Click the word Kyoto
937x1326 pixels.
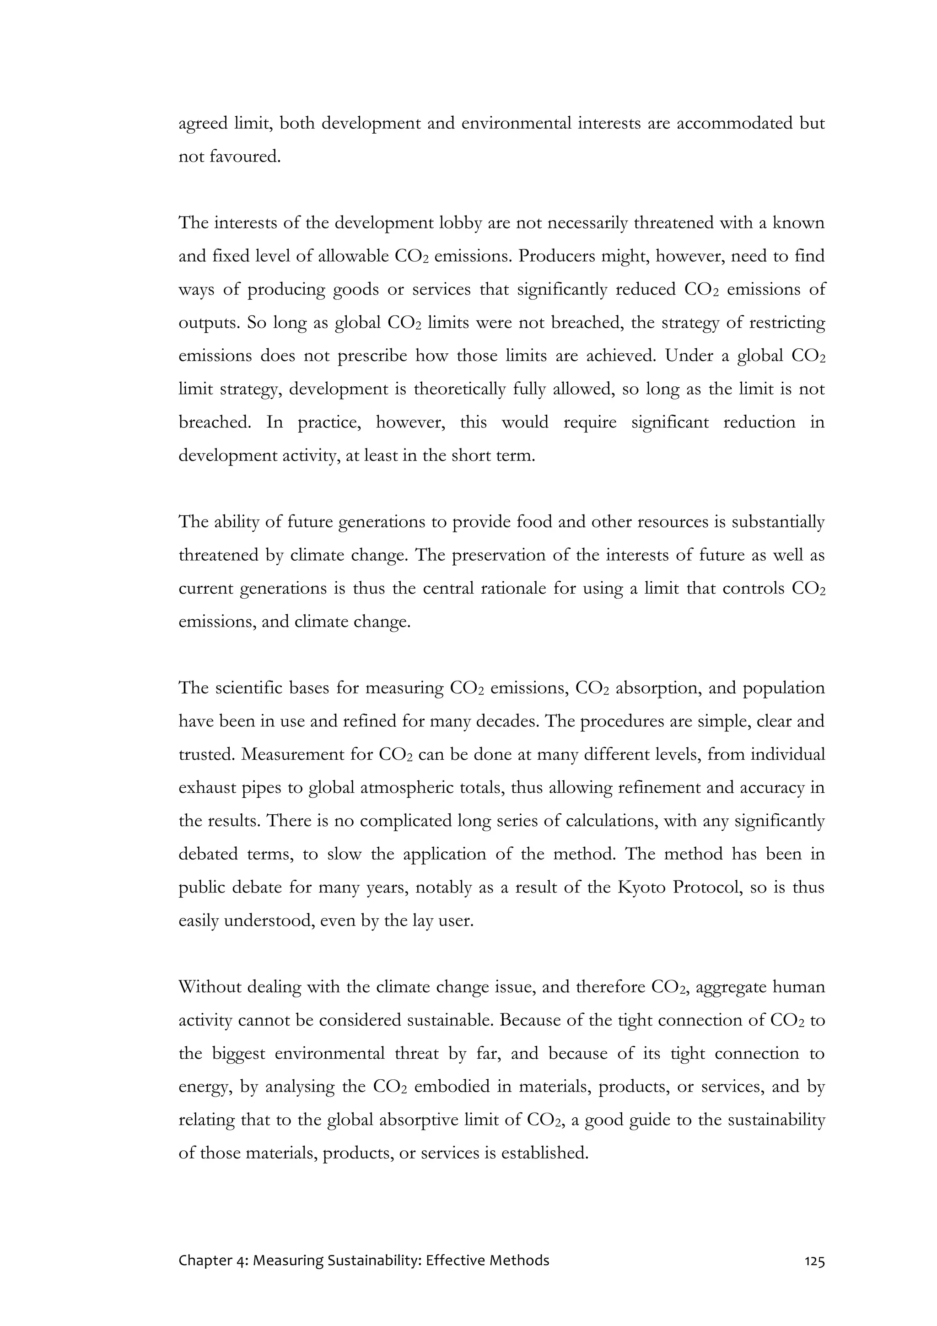641,887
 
